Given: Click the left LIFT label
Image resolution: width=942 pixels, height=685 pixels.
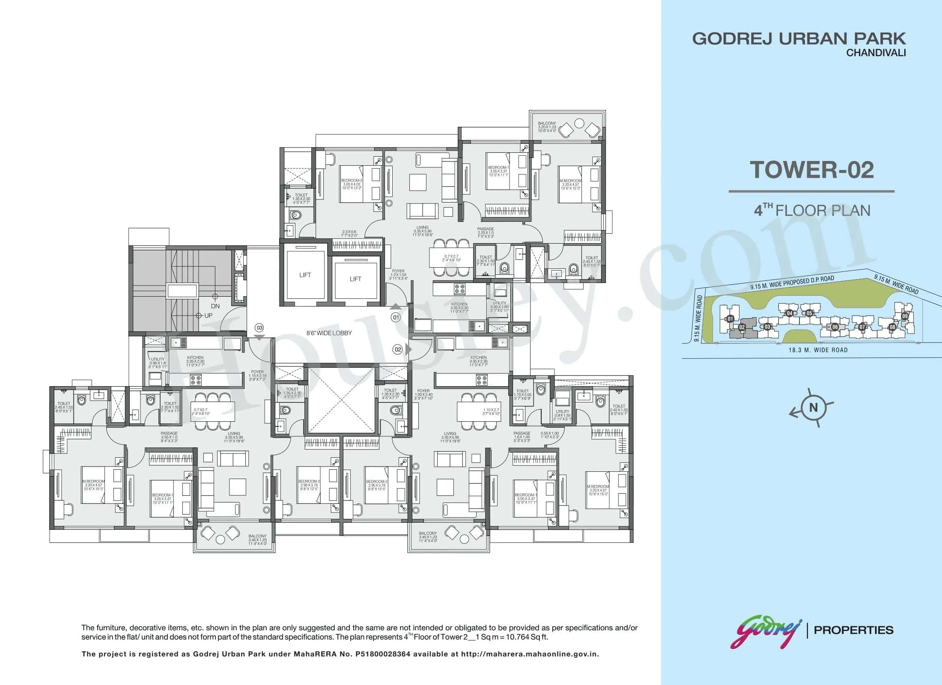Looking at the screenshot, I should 305,275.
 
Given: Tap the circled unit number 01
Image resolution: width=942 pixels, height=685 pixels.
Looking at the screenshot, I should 395,318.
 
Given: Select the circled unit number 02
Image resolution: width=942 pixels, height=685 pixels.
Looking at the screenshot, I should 398,349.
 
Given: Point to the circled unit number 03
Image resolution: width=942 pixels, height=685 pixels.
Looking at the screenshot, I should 259,328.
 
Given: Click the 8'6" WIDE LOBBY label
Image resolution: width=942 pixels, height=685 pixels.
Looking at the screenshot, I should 329,333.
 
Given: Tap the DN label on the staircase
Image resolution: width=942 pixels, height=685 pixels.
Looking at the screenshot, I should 215,306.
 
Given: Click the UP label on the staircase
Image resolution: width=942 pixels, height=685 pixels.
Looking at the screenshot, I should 208,316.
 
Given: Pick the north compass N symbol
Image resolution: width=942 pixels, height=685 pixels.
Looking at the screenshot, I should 813,408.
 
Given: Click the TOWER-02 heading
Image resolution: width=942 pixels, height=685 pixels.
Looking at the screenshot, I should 811,170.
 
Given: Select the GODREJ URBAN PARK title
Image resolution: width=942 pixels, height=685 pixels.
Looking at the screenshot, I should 799,39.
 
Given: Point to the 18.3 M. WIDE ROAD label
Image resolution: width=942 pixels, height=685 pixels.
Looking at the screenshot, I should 818,350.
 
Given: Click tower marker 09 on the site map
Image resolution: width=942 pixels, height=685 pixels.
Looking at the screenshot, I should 905,316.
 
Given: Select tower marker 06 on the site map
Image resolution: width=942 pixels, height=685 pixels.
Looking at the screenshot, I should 835,327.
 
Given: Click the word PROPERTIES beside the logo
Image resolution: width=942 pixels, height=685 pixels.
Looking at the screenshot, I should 853,630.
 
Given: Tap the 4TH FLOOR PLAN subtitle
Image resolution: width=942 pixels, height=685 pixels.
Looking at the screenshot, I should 812,211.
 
